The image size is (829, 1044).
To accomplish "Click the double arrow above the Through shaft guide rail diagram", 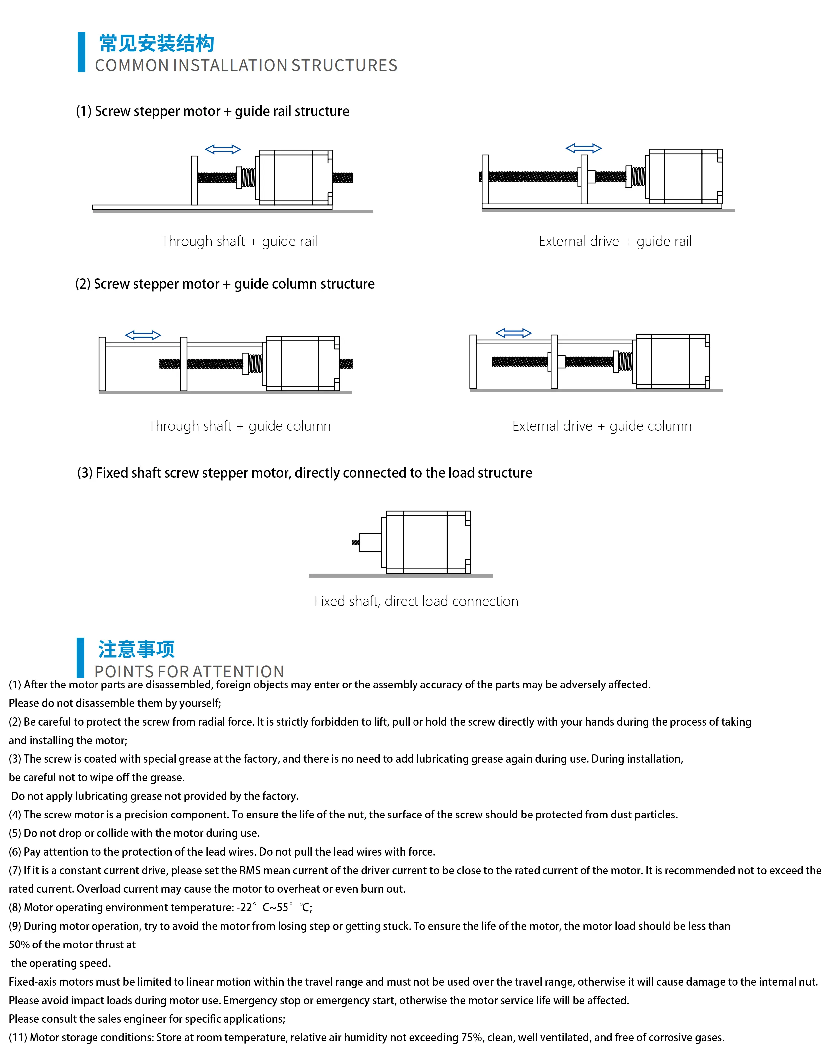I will click(x=223, y=149).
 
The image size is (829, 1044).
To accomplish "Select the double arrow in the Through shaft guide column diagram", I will click(x=143, y=335).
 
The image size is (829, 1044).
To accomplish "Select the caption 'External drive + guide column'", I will click(x=602, y=426).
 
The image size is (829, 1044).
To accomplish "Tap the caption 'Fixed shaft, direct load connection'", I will click(x=416, y=601).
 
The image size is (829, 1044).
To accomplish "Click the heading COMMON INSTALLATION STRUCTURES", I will click(x=246, y=65).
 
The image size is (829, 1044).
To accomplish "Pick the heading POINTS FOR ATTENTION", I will click(x=189, y=671).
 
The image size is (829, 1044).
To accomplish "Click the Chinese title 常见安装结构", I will click(x=157, y=43).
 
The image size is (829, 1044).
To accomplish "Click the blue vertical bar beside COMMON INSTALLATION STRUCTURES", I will click(x=81, y=52).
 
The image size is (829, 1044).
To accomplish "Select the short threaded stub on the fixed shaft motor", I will click(x=355, y=542).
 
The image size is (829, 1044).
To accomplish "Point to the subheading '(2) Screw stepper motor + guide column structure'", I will click(x=225, y=284).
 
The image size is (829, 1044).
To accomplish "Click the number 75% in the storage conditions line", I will click(x=471, y=1037).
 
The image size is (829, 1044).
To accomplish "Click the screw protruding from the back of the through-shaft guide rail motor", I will click(x=343, y=178).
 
